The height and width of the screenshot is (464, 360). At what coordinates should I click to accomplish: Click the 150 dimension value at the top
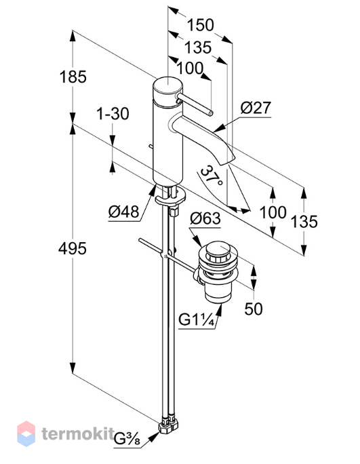coord(200,25)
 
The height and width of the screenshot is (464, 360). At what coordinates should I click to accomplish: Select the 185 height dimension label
coord(73,77)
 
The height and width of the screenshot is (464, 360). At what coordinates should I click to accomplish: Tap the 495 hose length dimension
coord(73,248)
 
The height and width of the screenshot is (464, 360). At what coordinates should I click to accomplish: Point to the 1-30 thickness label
coord(113,114)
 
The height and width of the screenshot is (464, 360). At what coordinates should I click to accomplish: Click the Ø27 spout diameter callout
coord(256,108)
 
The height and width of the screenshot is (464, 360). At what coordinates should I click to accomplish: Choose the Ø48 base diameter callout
coord(123,212)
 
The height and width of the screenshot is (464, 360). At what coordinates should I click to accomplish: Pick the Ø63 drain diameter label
coord(205,218)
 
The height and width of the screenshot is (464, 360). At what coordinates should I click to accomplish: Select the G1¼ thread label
coord(197,320)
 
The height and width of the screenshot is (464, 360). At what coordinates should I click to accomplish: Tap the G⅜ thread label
coord(127,440)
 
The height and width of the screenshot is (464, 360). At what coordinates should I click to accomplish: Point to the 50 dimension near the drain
coord(254,309)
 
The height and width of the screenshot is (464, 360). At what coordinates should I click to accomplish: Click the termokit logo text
coord(78,434)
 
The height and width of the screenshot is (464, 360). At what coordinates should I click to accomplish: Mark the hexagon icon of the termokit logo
coord(26,433)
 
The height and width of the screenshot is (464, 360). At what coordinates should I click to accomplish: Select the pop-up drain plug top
coord(218,252)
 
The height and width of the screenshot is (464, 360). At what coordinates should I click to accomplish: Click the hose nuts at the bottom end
coord(169,426)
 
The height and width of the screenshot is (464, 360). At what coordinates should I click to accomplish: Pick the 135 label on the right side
coord(304,222)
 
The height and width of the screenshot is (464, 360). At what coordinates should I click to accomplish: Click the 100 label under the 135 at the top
coord(190,68)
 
